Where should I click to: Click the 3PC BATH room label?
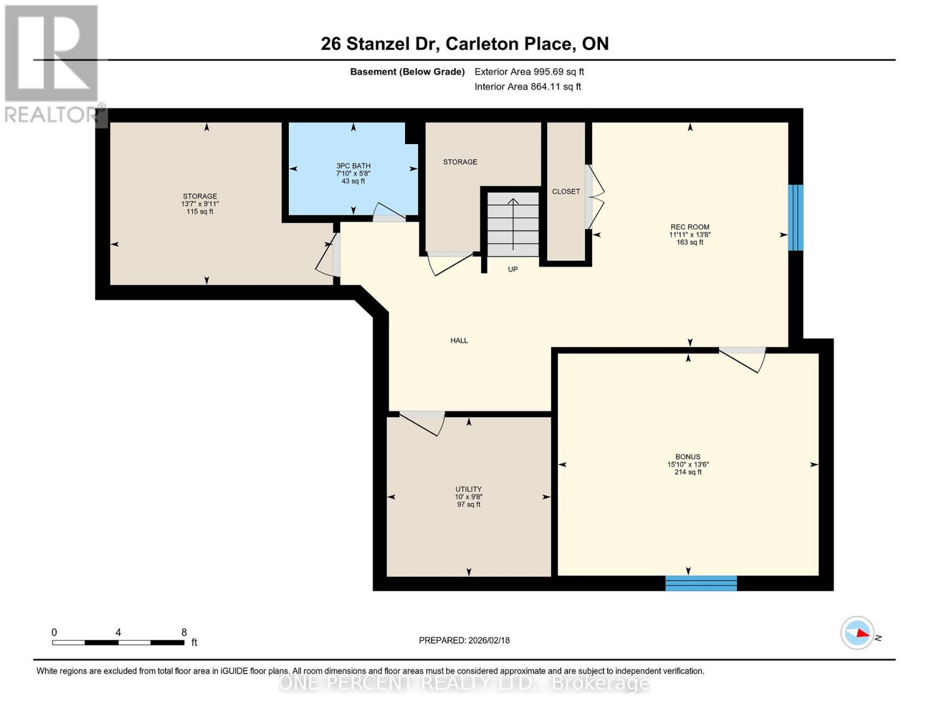353,166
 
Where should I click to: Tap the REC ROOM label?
690,227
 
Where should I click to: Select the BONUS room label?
688,457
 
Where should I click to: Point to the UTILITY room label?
468,489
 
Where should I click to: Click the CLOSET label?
566,191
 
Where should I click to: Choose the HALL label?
459,340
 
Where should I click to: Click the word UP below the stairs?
513,269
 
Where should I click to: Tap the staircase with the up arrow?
513,224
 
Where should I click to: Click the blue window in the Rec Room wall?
795,217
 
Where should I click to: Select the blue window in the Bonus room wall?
700,583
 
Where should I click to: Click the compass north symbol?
858,632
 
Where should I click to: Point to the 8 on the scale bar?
184,632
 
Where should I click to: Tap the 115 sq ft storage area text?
200,211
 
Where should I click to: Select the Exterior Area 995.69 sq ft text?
529,72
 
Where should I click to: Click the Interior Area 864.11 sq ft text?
528,87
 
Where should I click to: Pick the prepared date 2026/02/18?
464,640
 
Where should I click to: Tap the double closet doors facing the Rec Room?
596,197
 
